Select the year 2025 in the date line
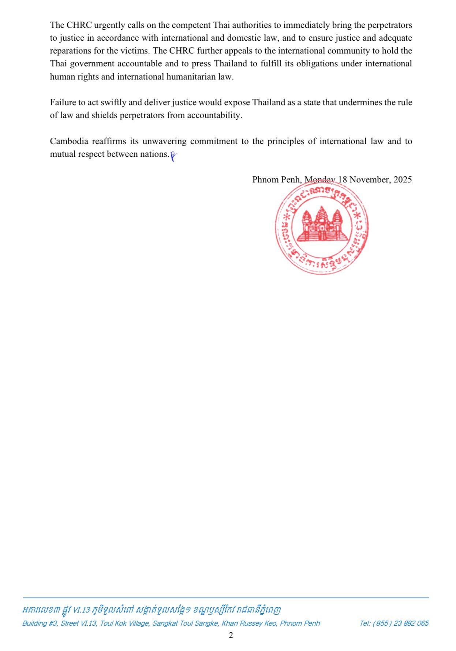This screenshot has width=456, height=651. click(403, 180)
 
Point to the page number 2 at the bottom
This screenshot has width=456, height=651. click(231, 635)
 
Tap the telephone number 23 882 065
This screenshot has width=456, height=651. click(411, 623)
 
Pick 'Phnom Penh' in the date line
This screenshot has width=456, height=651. click(276, 180)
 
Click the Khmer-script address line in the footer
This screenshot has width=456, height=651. click(152, 610)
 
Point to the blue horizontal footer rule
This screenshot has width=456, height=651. click(225, 598)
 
